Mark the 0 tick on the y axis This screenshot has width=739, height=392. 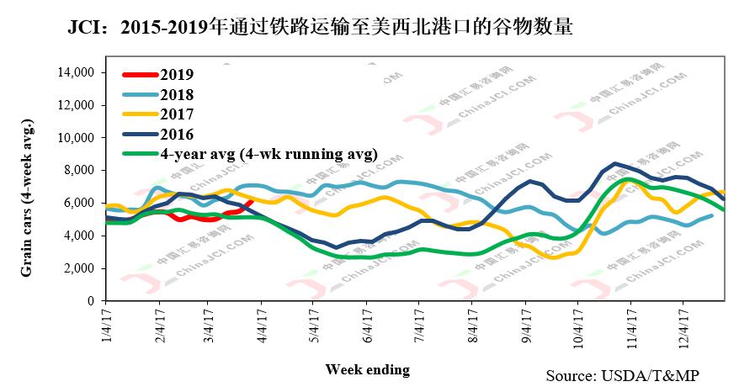pyautogui.click(x=91, y=301)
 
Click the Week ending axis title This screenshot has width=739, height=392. pyautogui.click(x=367, y=369)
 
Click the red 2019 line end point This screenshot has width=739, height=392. pyautogui.click(x=252, y=201)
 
